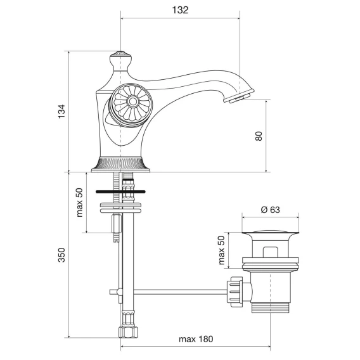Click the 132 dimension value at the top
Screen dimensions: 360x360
[180, 10]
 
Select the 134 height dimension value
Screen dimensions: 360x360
[61, 112]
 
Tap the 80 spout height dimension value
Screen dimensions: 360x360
[259, 136]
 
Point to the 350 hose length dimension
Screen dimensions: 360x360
[61, 255]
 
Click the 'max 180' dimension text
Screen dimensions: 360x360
[196, 339]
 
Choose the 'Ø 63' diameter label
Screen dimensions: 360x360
[271, 210]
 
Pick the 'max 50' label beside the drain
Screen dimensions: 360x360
[222, 250]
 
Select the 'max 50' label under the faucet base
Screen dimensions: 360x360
[79, 202]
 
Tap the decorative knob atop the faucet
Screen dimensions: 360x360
[120, 60]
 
